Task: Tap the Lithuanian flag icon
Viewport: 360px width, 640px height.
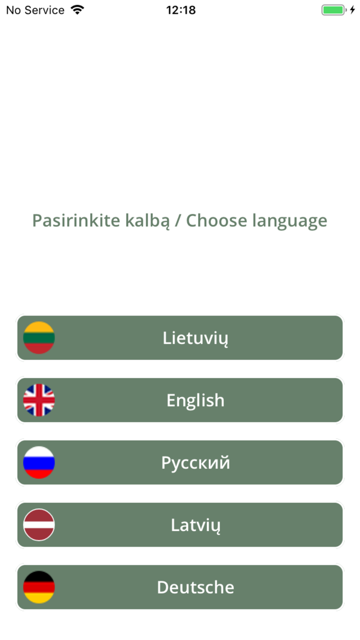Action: tap(39, 337)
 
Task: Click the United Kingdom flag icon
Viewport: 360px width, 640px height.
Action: tap(39, 400)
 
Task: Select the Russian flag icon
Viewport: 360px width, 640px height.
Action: tap(39, 463)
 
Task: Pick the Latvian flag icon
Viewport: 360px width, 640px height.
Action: tap(39, 525)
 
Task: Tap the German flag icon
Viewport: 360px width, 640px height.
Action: tap(39, 587)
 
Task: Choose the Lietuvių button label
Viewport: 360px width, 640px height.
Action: tap(195, 338)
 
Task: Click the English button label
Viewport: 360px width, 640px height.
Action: tap(195, 400)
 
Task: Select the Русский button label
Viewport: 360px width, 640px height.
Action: tap(195, 463)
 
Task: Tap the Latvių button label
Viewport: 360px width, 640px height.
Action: tap(195, 525)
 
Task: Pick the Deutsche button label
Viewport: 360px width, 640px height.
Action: tap(195, 587)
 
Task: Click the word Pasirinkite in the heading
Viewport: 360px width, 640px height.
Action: tap(76, 221)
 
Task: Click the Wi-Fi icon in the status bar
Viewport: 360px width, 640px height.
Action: tap(78, 10)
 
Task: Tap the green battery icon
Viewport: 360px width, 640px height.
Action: tap(333, 10)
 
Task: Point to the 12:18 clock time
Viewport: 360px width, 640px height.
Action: tap(181, 10)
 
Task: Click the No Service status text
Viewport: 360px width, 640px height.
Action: tap(35, 10)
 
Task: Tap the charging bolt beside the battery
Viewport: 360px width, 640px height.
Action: tap(352, 10)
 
